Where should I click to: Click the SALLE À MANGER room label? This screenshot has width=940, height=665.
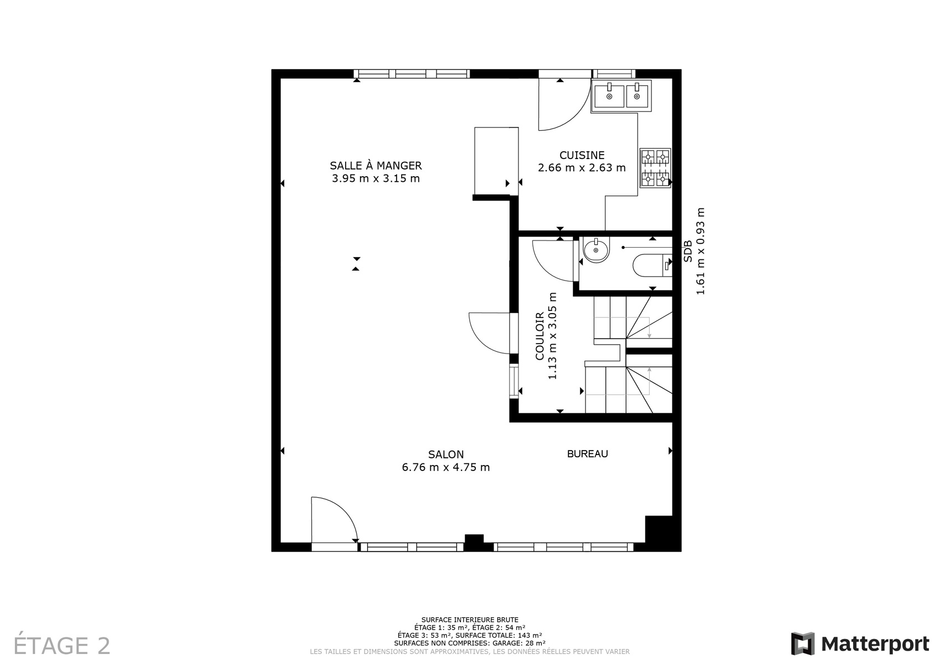376,165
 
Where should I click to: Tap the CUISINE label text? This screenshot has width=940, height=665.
582,155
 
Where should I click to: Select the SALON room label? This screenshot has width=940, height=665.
446,454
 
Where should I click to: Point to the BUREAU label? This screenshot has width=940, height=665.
588,454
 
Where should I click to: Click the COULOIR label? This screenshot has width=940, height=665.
540,336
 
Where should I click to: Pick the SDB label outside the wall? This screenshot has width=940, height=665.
688,251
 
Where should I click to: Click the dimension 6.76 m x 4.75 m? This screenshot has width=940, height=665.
446,467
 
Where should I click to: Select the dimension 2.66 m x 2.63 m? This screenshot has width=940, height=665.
582,168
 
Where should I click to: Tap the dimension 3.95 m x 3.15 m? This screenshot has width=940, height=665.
376,178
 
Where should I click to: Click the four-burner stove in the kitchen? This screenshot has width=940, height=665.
655,167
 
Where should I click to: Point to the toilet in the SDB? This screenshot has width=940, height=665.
652,265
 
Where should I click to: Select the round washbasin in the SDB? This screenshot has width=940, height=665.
596,250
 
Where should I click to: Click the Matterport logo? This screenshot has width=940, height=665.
860,643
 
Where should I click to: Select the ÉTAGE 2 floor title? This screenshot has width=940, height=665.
62,646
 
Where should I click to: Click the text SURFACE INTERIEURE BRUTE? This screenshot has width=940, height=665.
470,620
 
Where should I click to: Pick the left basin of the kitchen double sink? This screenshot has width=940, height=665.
609,96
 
